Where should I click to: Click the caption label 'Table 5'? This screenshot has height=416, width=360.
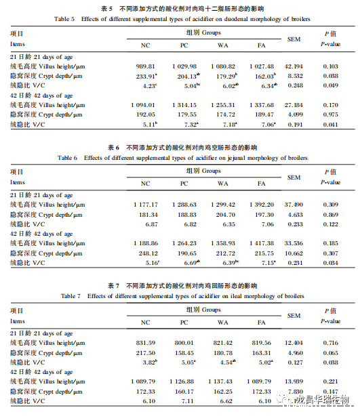coord(65,20)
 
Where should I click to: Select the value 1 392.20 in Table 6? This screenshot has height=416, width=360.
coord(261,204)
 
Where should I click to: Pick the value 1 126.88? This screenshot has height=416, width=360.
coord(182,381)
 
